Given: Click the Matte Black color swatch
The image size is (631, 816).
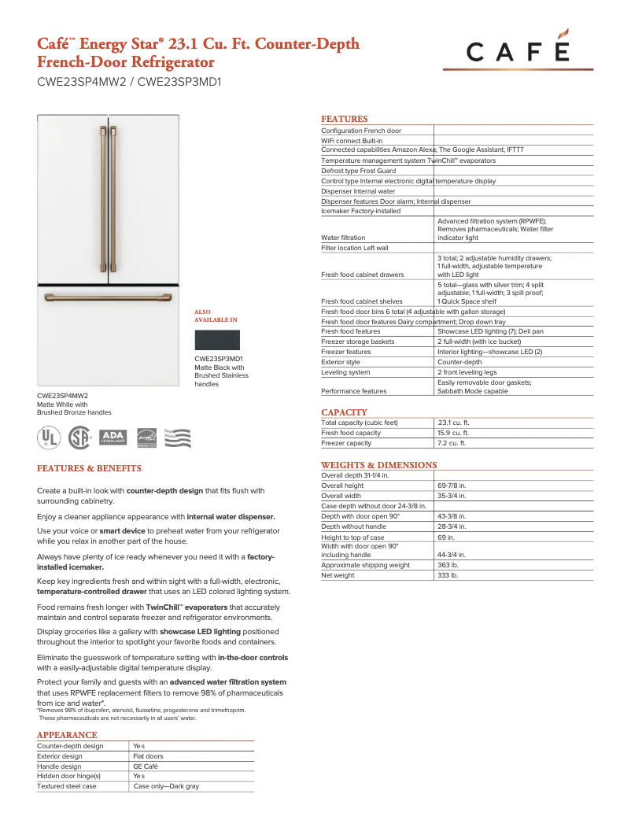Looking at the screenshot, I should click(x=217, y=340).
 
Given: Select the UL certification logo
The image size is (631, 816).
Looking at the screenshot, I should click(x=49, y=438).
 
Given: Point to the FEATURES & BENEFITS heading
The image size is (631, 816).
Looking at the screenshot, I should click(x=89, y=468).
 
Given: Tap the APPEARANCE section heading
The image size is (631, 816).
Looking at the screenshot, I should click(x=67, y=735).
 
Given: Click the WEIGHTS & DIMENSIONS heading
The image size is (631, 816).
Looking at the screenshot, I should click(x=378, y=465).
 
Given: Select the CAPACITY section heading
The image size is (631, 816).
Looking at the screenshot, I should click(x=344, y=412).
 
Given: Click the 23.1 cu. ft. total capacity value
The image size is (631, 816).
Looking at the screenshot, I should click(x=453, y=423).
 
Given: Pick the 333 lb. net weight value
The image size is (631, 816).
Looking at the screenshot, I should click(x=448, y=575).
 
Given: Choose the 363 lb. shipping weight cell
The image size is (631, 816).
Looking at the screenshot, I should click(x=448, y=565).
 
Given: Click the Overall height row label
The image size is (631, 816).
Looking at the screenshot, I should click(x=342, y=486).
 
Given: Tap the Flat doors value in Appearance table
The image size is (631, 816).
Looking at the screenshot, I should click(x=148, y=756).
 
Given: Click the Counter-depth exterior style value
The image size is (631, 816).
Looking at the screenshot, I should click(x=459, y=362).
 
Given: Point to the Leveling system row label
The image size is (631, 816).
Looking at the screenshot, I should click(x=345, y=372).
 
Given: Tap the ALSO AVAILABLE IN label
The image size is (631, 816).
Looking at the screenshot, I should click(x=216, y=316).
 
